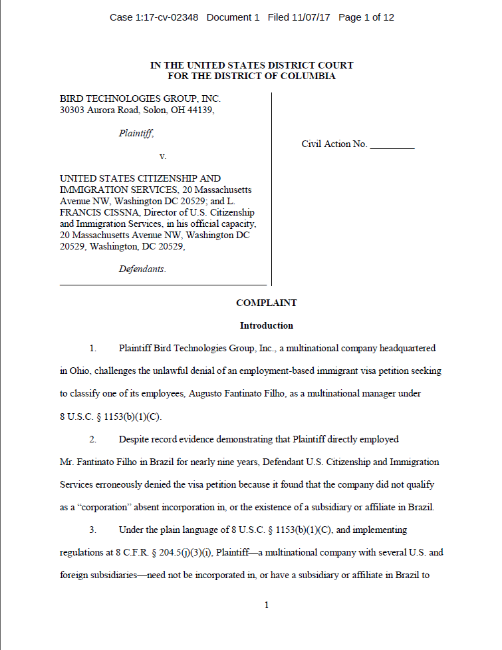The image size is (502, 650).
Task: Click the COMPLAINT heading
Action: [266, 303]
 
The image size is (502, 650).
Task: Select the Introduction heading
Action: [266, 326]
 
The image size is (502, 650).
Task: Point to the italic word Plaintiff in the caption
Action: [136, 133]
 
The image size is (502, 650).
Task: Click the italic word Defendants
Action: [142, 269]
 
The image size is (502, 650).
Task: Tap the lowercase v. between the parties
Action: [162, 156]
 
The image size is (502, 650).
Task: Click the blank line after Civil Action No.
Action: [392, 144]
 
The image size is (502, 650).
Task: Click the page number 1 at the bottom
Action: [266, 605]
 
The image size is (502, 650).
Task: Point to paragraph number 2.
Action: [94, 439]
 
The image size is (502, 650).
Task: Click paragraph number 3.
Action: [94, 530]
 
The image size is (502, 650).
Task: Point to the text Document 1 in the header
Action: [233, 17]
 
